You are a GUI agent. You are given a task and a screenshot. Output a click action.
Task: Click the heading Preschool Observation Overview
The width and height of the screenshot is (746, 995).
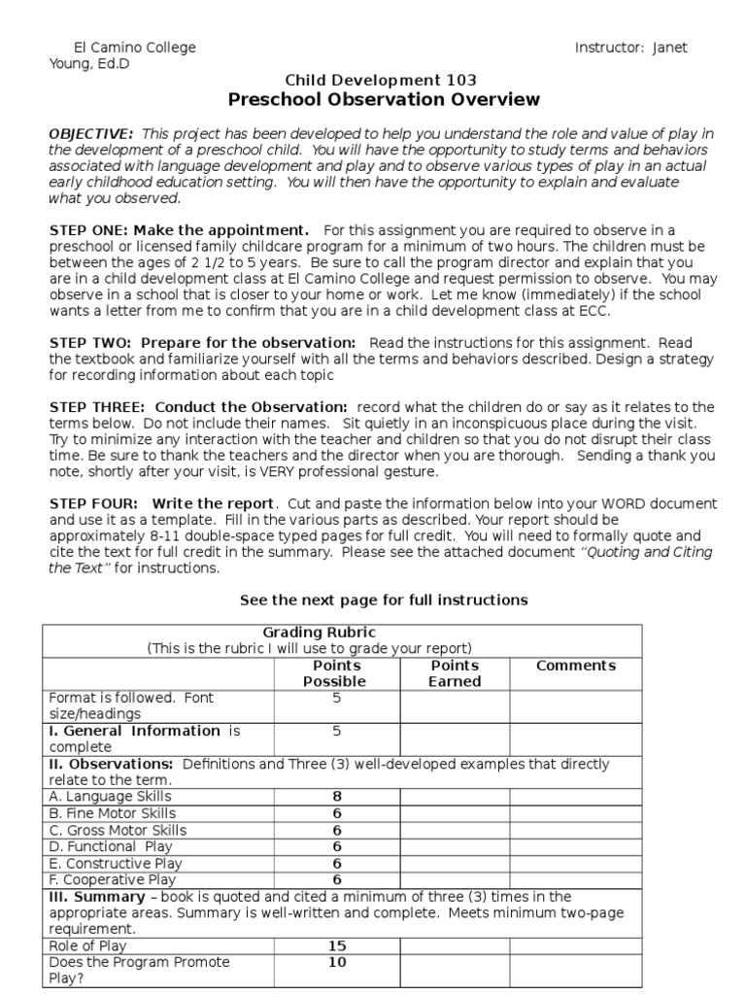pyautogui.click(x=384, y=100)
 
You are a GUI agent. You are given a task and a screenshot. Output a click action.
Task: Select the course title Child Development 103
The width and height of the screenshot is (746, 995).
pyautogui.click(x=380, y=80)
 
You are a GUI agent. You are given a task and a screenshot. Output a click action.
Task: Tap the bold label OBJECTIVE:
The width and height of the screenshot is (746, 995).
pyautogui.click(x=91, y=133)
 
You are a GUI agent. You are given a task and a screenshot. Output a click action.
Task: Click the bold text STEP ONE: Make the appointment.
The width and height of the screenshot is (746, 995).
pyautogui.click(x=179, y=230)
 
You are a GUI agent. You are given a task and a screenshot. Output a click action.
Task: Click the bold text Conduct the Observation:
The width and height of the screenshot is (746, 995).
pyautogui.click(x=251, y=407)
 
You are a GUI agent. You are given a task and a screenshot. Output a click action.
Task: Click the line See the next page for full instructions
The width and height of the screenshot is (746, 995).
pyautogui.click(x=384, y=600)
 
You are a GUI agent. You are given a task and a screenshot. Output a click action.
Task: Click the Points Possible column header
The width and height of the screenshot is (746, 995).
pyautogui.click(x=337, y=673)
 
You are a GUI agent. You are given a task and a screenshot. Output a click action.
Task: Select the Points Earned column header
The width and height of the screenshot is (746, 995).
pyautogui.click(x=455, y=673)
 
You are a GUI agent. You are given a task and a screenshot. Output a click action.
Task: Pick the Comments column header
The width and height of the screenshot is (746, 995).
pyautogui.click(x=576, y=666)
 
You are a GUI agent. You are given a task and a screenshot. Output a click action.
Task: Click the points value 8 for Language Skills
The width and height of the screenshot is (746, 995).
pyautogui.click(x=337, y=797)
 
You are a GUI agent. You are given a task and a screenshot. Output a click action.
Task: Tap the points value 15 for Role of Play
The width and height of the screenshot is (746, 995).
pyautogui.click(x=337, y=944)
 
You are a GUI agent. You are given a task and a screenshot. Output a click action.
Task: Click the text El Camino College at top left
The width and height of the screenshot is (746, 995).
pyautogui.click(x=135, y=48)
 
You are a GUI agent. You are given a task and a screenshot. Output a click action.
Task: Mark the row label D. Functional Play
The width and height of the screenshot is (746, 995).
pyautogui.click(x=109, y=846)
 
